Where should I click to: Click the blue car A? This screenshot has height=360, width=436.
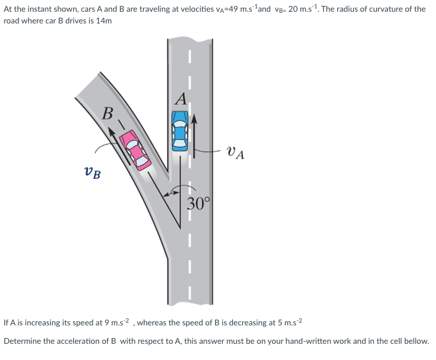179,131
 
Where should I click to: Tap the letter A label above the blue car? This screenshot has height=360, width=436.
180,98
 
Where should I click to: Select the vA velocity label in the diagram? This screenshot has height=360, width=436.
236,152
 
